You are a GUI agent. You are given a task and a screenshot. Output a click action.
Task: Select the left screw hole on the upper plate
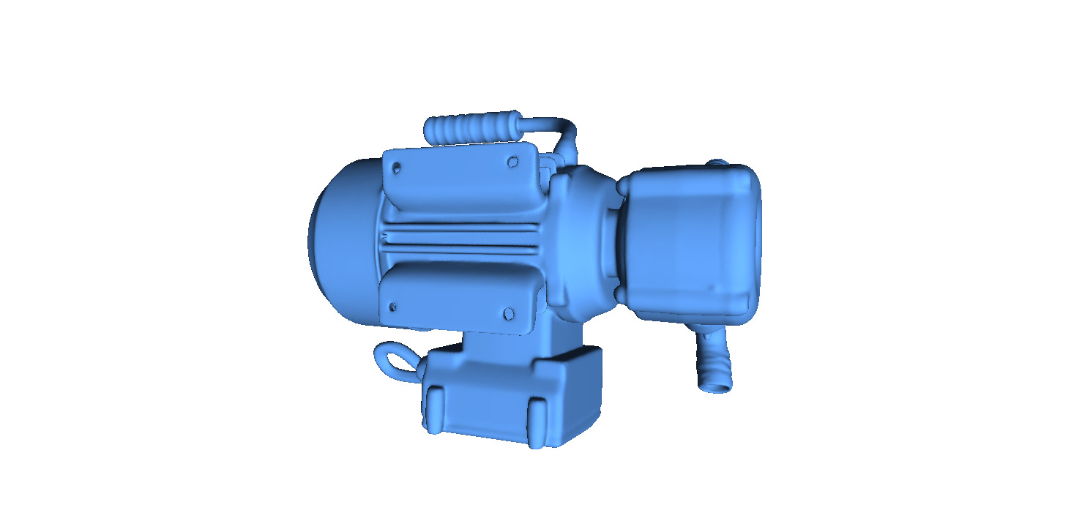[x=397, y=168]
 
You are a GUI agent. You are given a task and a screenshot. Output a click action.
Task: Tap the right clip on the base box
[x=538, y=421]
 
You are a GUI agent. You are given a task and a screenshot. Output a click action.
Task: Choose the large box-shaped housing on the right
[x=692, y=241]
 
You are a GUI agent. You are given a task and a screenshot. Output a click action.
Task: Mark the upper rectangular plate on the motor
[x=461, y=179]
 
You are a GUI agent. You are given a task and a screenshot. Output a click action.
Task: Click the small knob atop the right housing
[x=717, y=162]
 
